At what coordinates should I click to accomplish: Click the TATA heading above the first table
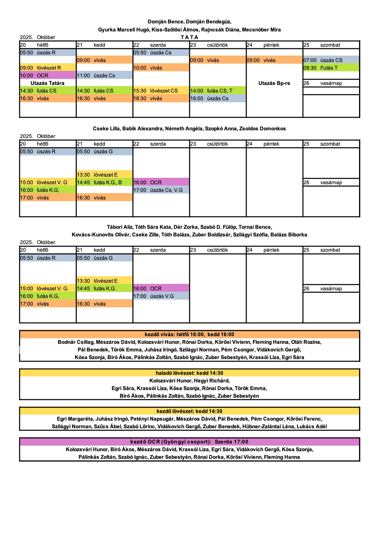[189, 37]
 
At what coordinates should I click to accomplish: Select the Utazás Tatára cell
[48, 83]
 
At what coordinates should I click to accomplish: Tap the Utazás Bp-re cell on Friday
[274, 83]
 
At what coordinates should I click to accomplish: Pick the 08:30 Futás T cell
[331, 68]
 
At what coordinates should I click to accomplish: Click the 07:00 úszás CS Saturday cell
[331, 60]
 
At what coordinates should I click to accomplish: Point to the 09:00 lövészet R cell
[48, 68]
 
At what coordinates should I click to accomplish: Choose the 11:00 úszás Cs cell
[104, 76]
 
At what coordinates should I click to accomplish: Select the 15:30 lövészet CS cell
[161, 91]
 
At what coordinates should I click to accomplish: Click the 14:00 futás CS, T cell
[217, 91]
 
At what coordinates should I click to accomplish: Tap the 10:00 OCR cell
[48, 76]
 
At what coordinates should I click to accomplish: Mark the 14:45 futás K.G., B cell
[104, 182]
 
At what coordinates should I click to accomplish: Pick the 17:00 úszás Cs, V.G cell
[161, 190]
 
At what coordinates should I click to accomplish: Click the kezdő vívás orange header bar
[189, 334]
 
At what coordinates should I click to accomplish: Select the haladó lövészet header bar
[189, 373]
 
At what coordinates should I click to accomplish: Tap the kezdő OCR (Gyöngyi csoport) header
[189, 442]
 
